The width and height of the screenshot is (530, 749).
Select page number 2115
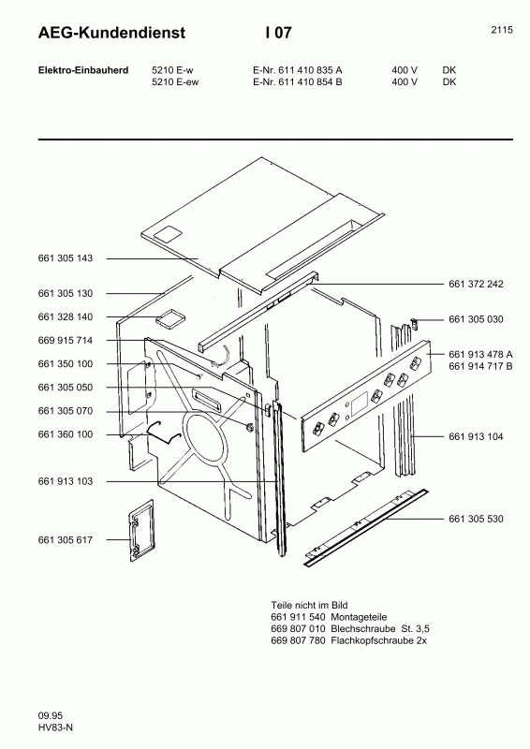(x=501, y=29)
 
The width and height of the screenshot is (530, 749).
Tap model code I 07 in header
(x=278, y=33)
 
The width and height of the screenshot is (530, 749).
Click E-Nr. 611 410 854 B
(x=297, y=81)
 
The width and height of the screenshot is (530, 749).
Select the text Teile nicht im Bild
(x=302, y=606)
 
